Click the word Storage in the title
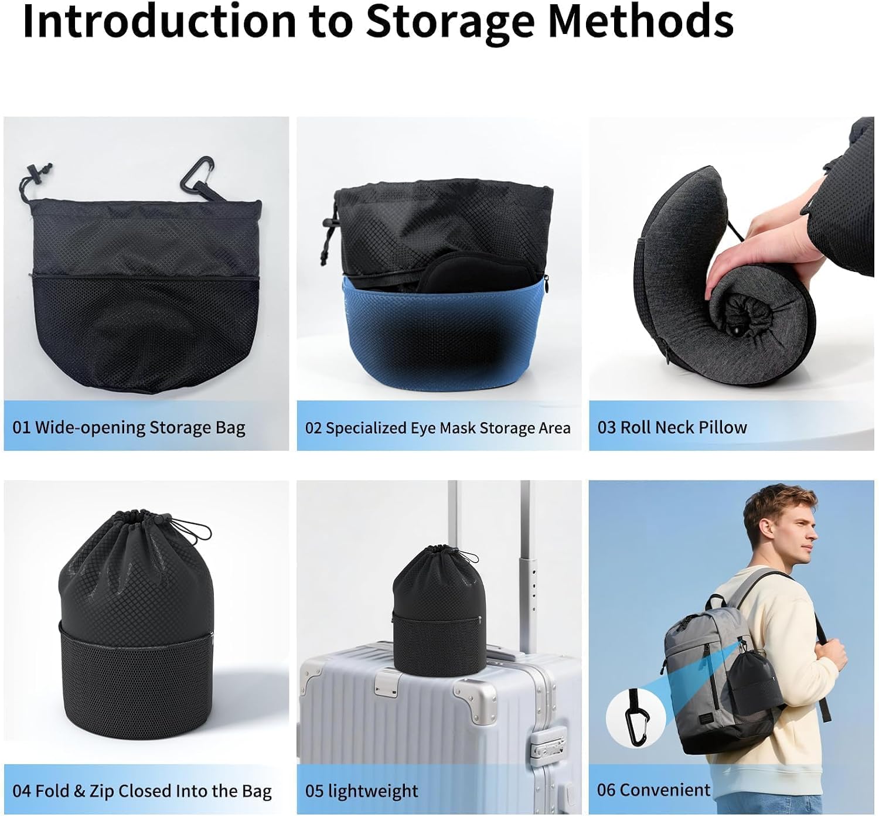point(450,23)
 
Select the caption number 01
point(21,427)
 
